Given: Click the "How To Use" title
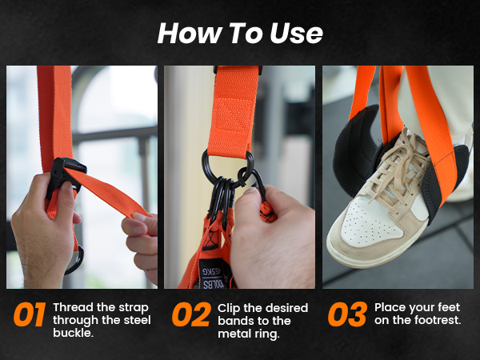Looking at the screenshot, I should pyautogui.click(x=240, y=33).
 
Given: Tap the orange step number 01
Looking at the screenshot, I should pyautogui.click(x=29, y=315).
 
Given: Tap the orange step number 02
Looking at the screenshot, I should pyautogui.click(x=192, y=315).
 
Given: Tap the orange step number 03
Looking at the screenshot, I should pyautogui.click(x=347, y=315).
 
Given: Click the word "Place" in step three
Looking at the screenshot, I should pyautogui.click(x=391, y=307).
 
